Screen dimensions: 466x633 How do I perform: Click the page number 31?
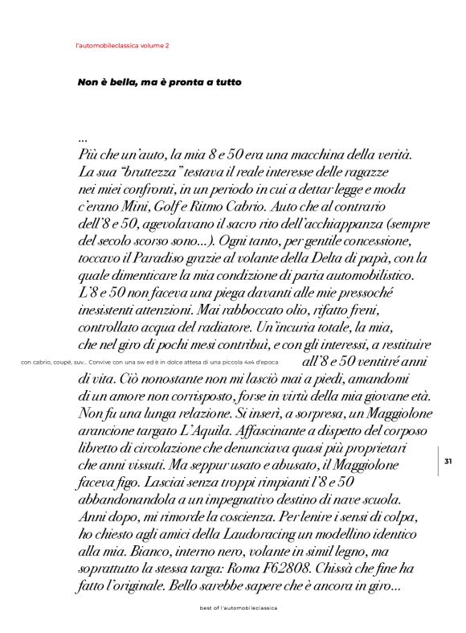point(448,461)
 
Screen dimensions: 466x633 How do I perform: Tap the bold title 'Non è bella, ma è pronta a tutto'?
point(159,82)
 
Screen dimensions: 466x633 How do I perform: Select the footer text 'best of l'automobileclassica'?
point(239,608)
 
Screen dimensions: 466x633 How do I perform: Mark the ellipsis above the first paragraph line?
point(83,138)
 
